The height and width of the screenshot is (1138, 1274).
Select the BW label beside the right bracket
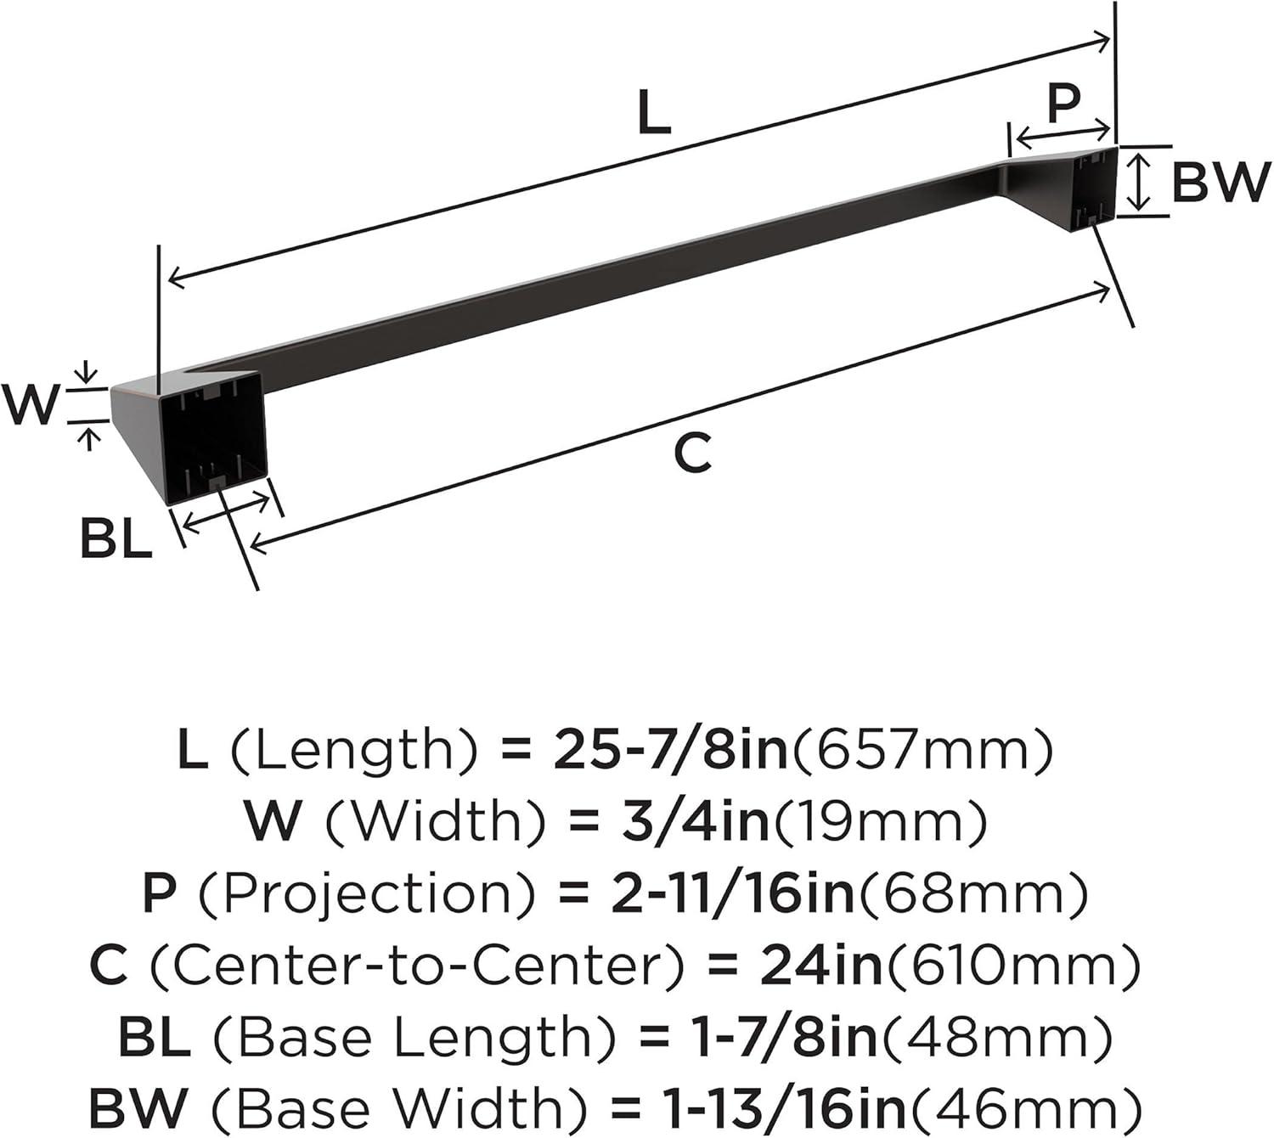(1218, 183)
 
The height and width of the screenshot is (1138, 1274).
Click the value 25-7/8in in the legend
(670, 749)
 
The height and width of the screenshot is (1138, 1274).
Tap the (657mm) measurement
(921, 750)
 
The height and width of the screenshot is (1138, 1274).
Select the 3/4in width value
(696, 820)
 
